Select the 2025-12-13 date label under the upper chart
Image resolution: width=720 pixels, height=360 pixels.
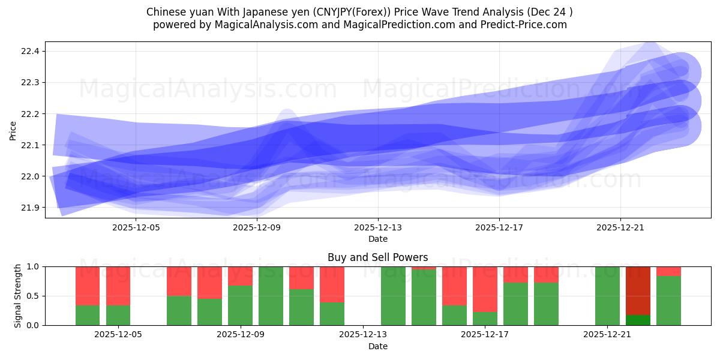[x=378, y=227]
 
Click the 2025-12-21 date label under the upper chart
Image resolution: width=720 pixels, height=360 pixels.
[x=620, y=227]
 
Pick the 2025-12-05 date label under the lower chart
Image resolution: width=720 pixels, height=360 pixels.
[x=118, y=335]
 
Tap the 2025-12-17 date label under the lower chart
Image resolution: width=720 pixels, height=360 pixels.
[x=485, y=335]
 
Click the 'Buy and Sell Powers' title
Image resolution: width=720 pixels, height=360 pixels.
[x=378, y=257]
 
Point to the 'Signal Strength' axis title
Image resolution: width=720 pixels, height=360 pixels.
[x=18, y=296]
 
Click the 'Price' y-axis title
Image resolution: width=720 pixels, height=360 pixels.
[x=13, y=130]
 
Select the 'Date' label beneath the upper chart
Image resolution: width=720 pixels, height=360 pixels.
[x=378, y=239]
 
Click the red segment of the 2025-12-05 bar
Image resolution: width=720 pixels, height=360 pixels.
[x=118, y=286]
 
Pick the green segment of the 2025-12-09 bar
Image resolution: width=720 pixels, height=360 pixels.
[x=240, y=305]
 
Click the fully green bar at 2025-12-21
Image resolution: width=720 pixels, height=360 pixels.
[x=607, y=296]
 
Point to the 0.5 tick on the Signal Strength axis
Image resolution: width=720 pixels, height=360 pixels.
[x=34, y=296]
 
